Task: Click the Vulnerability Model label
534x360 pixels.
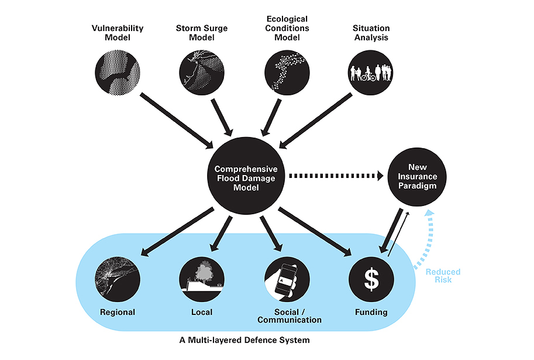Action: pos(118,33)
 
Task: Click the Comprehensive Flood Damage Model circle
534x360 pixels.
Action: pos(245,174)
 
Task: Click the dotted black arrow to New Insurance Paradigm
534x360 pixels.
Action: pos(336,174)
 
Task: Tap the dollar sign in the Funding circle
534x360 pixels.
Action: pos(371,278)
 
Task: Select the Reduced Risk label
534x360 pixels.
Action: pos(443,276)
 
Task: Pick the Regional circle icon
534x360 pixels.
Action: pos(118,278)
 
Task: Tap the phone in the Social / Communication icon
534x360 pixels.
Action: pos(286,279)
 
